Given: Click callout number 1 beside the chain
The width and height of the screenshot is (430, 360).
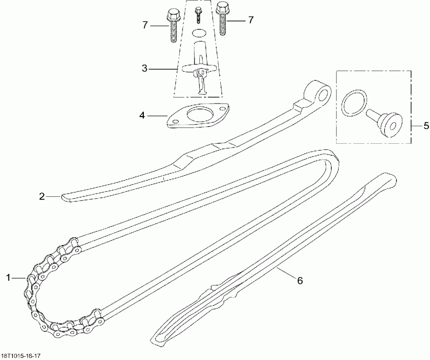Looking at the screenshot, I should click(x=8, y=276).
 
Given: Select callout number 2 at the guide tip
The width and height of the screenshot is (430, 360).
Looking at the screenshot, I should click(x=42, y=196).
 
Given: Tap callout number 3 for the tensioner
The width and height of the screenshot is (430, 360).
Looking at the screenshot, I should click(x=145, y=69).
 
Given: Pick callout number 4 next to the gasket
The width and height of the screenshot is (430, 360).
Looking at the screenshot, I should click(x=142, y=115).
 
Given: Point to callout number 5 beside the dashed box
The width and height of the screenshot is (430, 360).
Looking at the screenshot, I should click(x=426, y=126).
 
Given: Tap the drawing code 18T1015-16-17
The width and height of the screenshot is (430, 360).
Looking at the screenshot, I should click(x=21, y=356).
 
